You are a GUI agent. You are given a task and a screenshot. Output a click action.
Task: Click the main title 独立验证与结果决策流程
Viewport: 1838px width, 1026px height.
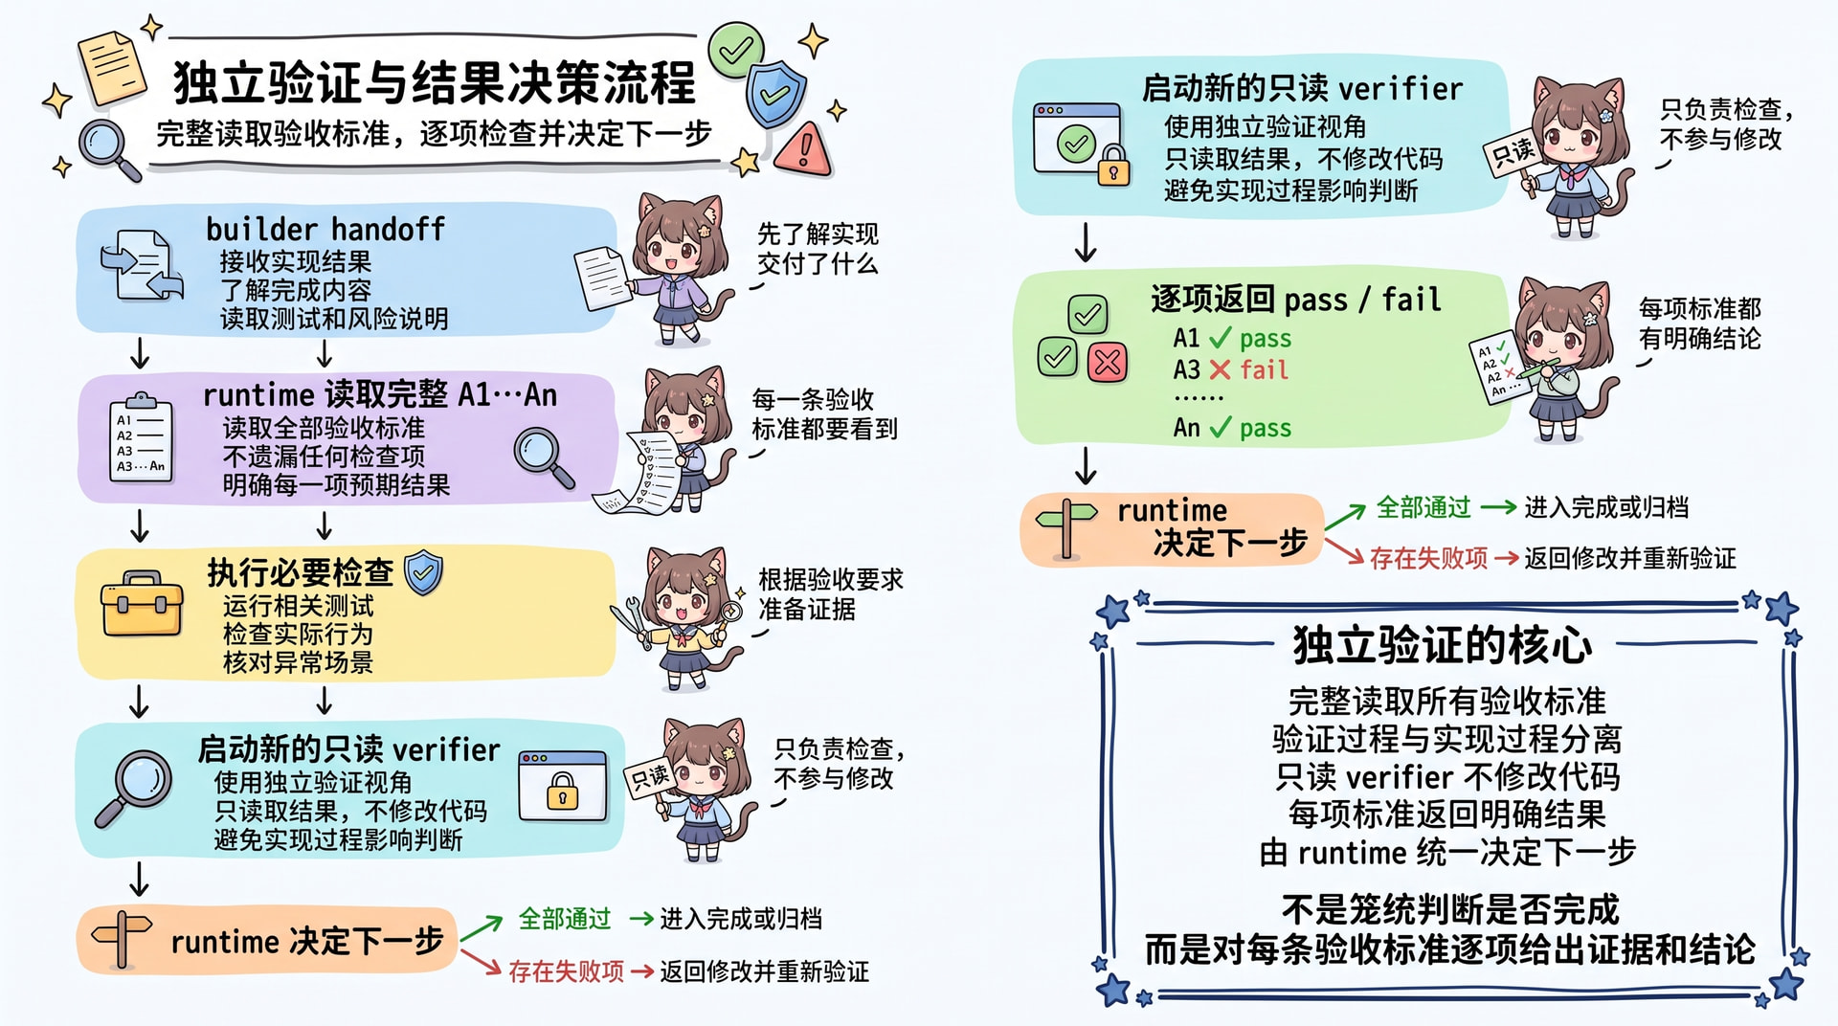[x=435, y=82]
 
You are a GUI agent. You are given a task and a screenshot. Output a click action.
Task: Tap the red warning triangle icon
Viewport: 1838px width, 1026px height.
[x=803, y=148]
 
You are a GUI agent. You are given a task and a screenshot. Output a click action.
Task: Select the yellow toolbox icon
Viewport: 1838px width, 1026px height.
[x=142, y=604]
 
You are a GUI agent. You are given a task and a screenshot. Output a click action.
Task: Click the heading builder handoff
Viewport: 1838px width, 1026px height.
[x=325, y=230]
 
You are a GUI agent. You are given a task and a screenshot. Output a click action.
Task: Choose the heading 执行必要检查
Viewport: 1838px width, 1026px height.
[x=300, y=572]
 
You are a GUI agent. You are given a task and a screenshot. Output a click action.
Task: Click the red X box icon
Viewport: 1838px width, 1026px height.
[x=1108, y=362]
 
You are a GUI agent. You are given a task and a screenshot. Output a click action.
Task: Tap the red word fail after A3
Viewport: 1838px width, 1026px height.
[x=1264, y=369]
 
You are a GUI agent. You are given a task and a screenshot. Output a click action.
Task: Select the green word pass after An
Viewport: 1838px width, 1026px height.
[x=1265, y=428]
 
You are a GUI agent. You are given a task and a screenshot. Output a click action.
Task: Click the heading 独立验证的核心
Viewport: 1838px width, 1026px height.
[x=1443, y=645]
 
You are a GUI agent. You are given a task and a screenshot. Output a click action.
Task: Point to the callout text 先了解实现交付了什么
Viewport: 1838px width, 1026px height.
[x=818, y=249]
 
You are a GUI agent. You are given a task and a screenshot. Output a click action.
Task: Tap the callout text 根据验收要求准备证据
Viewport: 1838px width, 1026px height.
[x=831, y=594]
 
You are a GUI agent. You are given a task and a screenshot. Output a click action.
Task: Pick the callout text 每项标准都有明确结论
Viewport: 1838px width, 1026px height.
[x=1699, y=323]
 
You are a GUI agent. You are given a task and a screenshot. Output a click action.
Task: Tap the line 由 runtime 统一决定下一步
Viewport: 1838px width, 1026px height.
[x=1447, y=852]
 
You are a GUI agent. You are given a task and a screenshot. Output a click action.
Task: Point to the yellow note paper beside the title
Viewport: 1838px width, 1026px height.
[x=113, y=67]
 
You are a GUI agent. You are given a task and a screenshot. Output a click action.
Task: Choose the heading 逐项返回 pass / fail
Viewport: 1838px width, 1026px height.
[x=1296, y=300]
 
